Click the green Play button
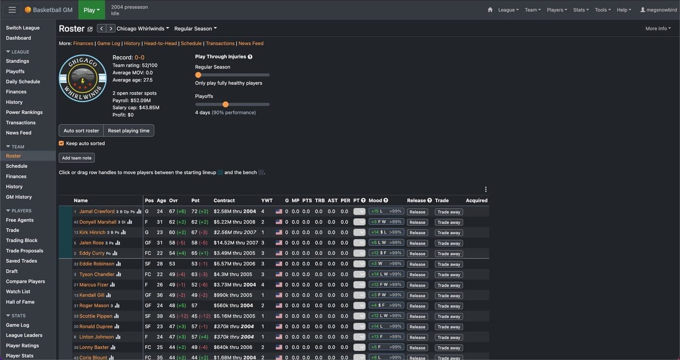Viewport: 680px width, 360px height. [x=91, y=10]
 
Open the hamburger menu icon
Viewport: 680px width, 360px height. [x=12, y=10]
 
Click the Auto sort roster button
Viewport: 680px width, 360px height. [x=81, y=131]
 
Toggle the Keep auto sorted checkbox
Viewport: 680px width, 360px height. [x=62, y=143]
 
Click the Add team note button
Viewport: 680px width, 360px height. [x=76, y=158]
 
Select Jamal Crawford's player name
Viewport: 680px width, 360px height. [x=97, y=211]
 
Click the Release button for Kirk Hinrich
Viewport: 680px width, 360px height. [x=417, y=233]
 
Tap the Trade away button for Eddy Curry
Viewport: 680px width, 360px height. [x=448, y=254]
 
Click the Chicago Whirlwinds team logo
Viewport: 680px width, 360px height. [x=83, y=79]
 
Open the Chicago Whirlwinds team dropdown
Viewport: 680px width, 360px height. [x=142, y=29]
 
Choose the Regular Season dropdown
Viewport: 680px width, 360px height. [x=195, y=29]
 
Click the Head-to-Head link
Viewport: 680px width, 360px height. [x=160, y=44]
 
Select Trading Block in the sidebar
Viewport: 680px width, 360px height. [x=22, y=241]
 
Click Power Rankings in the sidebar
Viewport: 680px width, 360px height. [x=24, y=112]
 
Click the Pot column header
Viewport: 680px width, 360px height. [x=195, y=200]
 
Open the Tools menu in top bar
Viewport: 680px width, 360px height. [x=602, y=10]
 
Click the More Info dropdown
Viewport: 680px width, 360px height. [x=658, y=29]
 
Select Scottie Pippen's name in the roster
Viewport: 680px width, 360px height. [x=96, y=316]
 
